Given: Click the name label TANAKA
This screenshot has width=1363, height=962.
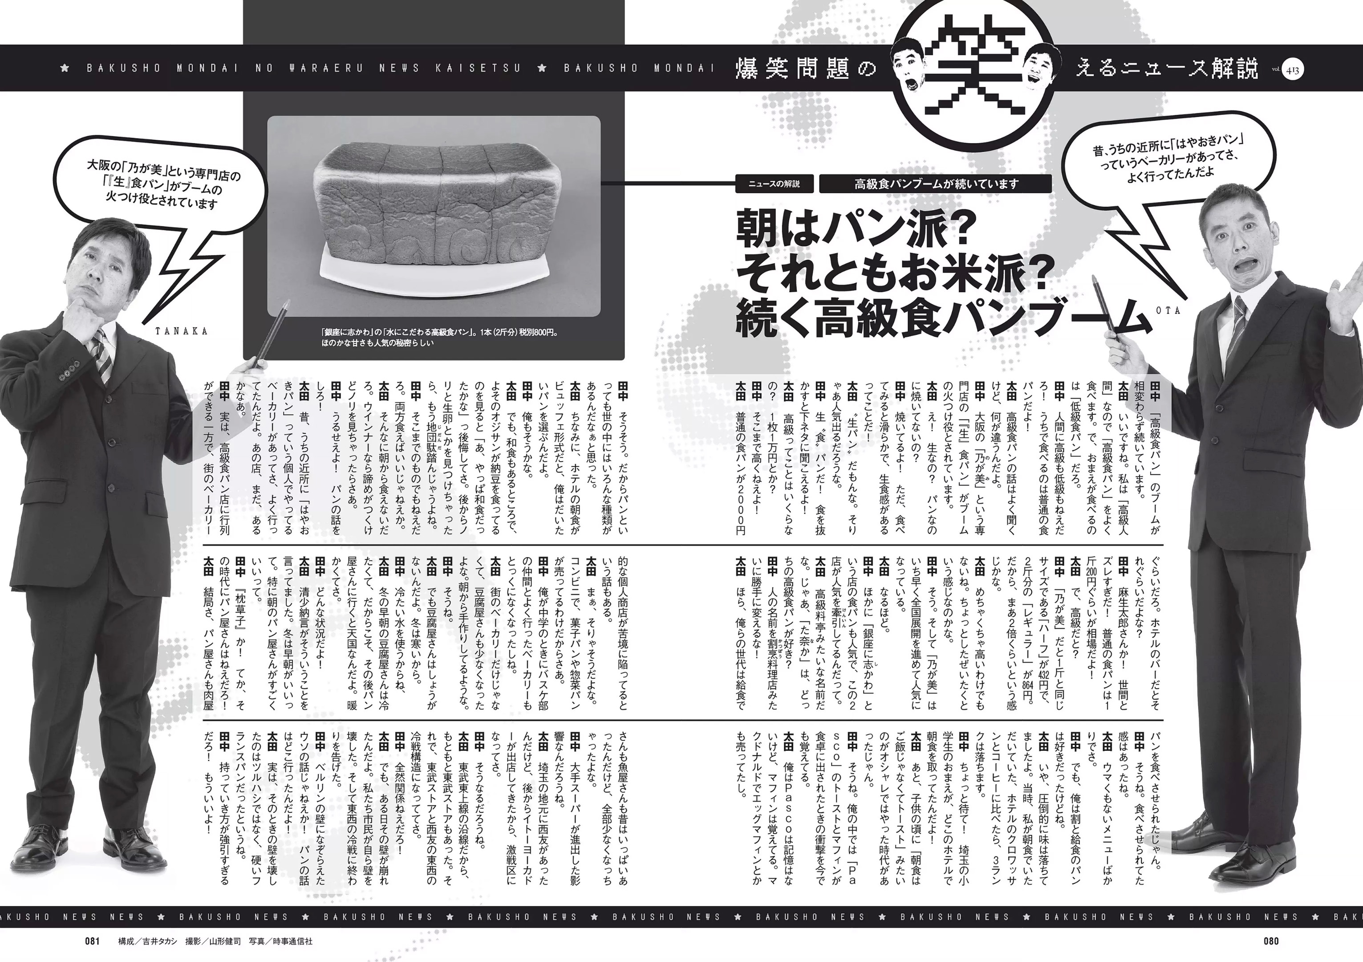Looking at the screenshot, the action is pyautogui.click(x=182, y=331).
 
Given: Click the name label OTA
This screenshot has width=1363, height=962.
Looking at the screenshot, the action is pyautogui.click(x=1168, y=310).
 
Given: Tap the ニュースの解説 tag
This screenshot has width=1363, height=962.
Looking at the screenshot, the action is pyautogui.click(x=774, y=184).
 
